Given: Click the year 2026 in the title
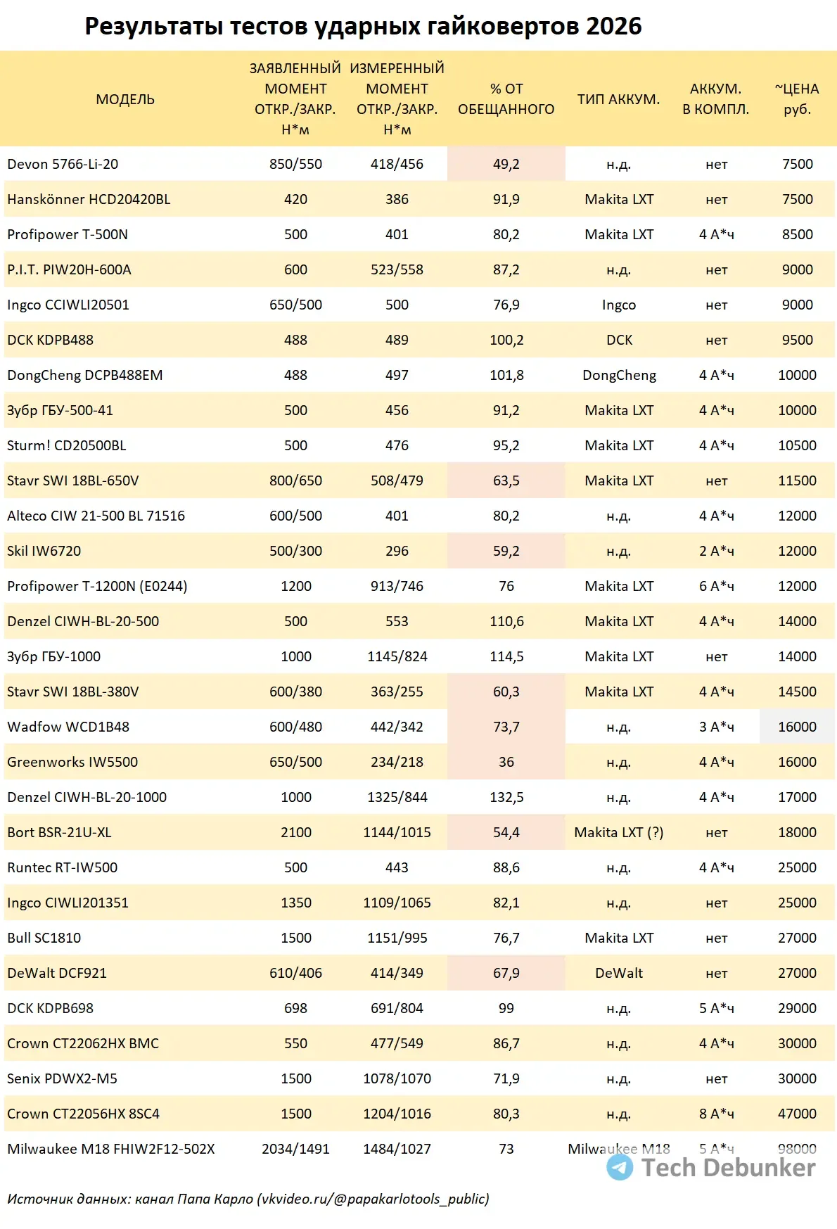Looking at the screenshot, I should point(613,27).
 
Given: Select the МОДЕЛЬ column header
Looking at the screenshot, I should point(125,99).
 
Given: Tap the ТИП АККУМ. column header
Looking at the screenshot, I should point(618,99).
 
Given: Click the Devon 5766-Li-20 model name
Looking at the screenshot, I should point(63,164).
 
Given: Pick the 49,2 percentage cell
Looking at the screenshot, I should point(506,164).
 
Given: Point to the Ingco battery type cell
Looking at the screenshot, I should point(618,305).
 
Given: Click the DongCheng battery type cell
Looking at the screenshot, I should point(619,375).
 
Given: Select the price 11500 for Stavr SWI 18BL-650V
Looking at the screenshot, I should point(797,480).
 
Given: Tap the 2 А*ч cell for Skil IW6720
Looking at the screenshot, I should point(716,551).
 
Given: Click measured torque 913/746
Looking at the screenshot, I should point(397,586).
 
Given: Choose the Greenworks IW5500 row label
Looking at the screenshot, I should point(72,762).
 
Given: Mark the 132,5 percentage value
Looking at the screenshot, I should point(506,797).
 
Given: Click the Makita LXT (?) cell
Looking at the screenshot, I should point(618,832).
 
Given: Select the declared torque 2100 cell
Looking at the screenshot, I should point(295,832).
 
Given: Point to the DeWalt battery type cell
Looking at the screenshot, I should point(618,973).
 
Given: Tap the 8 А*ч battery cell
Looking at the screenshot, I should point(716,1114).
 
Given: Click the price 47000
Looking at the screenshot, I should point(797,1114).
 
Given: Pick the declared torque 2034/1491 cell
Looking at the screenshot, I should point(295,1149).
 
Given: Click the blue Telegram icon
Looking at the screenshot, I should point(620,1167).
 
